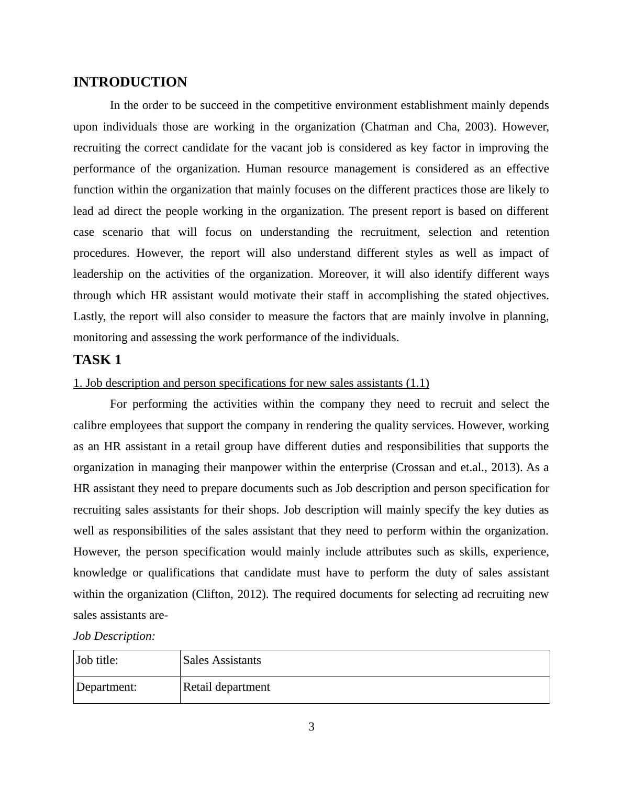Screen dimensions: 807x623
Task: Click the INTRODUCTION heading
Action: pos(130,82)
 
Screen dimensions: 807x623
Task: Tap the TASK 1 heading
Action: pos(97,360)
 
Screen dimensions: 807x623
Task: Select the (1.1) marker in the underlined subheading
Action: pos(417,383)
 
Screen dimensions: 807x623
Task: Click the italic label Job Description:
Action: pos(114,636)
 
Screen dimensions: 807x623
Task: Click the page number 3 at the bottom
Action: pos(311,727)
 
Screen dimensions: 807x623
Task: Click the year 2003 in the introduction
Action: pos(476,127)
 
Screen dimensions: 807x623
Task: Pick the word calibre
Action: pos(90,426)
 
